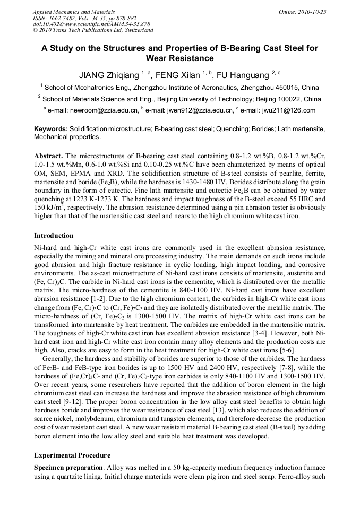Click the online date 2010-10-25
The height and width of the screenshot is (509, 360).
(x=312, y=11)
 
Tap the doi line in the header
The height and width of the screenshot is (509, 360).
(x=91, y=24)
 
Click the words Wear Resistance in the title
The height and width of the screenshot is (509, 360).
(x=179, y=58)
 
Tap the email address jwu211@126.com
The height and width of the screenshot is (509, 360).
(x=290, y=110)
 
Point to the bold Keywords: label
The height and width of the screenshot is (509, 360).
(x=50, y=129)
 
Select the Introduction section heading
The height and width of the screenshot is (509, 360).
(x=54, y=235)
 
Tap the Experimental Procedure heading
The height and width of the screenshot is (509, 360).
(x=72, y=455)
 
